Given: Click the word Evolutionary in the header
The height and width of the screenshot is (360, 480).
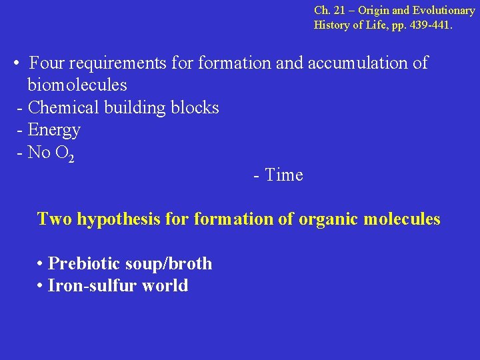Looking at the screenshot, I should point(443,11).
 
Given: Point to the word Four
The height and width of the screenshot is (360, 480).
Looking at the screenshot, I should point(46,63).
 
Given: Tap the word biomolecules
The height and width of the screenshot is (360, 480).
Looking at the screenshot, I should point(77,85).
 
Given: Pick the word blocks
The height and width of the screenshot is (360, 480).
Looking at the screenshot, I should point(194,107).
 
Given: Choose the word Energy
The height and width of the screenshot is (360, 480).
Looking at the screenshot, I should point(54,129).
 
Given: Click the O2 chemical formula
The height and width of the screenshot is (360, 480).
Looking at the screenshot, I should point(65,153).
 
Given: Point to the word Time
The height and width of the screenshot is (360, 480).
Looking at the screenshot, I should point(283,175).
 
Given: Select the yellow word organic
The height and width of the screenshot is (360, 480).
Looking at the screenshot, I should point(328,219).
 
